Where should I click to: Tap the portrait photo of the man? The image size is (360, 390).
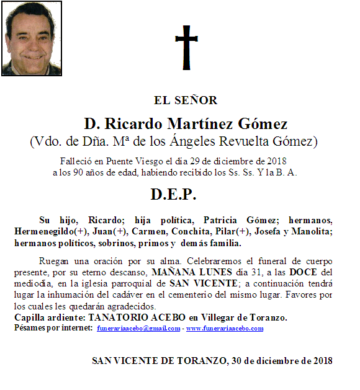pyautogui.click(x=32, y=38)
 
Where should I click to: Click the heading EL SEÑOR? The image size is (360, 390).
pyautogui.click(x=186, y=100)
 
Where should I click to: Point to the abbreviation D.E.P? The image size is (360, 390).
pyautogui.click(x=173, y=194)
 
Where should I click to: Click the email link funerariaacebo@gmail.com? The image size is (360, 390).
pyautogui.click(x=139, y=328)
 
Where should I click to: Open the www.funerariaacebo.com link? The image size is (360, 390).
pyautogui.click(x=225, y=328)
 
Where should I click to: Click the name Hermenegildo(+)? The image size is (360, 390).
pyautogui.click(x=52, y=231)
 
